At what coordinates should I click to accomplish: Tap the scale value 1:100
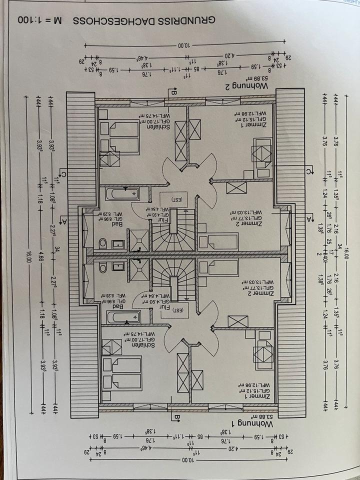click(x=33, y=21)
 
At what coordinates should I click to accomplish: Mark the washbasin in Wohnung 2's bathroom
click(x=118, y=244)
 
